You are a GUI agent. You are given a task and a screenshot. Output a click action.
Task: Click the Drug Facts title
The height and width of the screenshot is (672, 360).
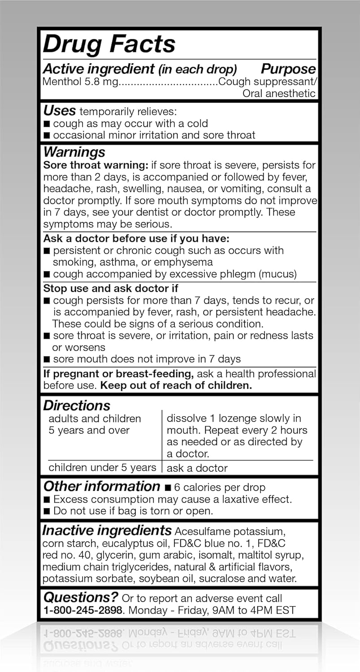click(109, 44)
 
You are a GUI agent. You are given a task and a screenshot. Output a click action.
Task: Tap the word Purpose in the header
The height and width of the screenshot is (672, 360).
click(288, 69)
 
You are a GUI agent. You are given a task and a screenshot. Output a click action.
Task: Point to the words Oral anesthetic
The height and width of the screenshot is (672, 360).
click(279, 94)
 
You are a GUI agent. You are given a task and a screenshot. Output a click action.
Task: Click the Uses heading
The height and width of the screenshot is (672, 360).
click(59, 111)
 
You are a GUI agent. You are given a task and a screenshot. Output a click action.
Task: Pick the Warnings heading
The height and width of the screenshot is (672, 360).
click(74, 152)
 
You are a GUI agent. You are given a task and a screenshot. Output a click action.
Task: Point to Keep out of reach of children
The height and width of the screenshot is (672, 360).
click(176, 385)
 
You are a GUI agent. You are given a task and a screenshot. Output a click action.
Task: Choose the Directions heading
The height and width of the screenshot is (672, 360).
click(77, 405)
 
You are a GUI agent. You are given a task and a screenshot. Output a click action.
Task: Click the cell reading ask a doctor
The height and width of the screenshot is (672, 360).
click(197, 468)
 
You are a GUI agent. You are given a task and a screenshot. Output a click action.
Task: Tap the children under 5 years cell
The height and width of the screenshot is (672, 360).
click(102, 468)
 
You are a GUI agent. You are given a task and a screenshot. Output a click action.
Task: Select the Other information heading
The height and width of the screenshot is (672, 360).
click(101, 487)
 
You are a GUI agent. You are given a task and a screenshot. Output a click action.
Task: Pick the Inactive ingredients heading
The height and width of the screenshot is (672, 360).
click(107, 531)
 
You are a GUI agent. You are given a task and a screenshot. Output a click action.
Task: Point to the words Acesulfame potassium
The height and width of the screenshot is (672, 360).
click(230, 532)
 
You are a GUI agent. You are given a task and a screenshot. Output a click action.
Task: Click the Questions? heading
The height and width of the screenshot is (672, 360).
click(81, 597)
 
